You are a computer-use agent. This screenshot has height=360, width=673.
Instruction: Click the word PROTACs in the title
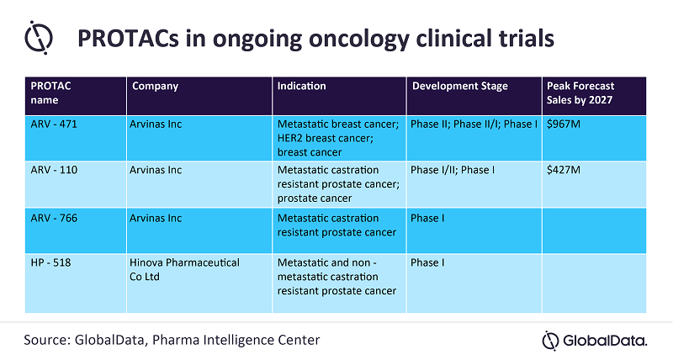pyautogui.click(x=128, y=38)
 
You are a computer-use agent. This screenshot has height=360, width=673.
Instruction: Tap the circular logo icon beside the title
pyautogui.click(x=39, y=38)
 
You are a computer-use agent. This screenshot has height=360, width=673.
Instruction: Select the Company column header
pyautogui.click(x=155, y=87)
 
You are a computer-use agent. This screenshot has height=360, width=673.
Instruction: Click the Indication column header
pyautogui.click(x=301, y=86)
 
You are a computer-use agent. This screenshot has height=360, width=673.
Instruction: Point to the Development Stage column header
pyautogui.click(x=459, y=87)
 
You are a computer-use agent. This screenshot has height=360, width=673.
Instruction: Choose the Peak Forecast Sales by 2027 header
pyautogui.click(x=580, y=93)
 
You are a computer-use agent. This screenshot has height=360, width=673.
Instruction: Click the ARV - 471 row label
pyautogui.click(x=54, y=124)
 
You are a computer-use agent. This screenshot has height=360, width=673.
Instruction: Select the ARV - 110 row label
pyautogui.click(x=54, y=170)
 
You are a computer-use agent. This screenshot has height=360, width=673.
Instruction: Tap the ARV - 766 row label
pyautogui.click(x=54, y=218)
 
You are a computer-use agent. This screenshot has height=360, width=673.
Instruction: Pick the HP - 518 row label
pyautogui.click(x=50, y=262)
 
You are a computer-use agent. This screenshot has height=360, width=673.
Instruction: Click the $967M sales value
pyautogui.click(x=563, y=124)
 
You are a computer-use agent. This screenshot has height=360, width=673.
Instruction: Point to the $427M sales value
pyautogui.click(x=563, y=170)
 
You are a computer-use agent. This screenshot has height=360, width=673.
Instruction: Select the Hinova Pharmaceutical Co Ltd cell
pyautogui.click(x=184, y=269)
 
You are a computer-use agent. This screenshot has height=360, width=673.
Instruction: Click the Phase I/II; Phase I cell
pyautogui.click(x=453, y=170)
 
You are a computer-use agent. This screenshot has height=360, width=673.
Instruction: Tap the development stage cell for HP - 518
pyautogui.click(x=427, y=262)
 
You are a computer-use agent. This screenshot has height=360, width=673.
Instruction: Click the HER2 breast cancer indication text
pyautogui.click(x=326, y=138)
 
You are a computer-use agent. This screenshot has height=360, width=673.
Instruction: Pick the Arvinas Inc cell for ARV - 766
pyautogui.click(x=156, y=218)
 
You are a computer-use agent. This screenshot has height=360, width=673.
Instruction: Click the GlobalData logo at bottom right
pyautogui.click(x=595, y=341)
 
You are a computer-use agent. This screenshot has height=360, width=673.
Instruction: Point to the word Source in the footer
pyautogui.click(x=47, y=340)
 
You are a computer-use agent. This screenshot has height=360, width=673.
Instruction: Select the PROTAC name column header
pyautogui.click(x=50, y=93)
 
